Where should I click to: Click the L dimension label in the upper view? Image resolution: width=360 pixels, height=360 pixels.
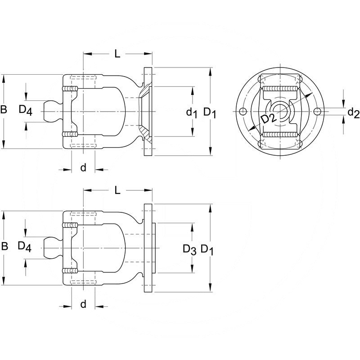[117, 54]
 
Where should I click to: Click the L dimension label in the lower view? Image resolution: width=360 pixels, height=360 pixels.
[117, 190]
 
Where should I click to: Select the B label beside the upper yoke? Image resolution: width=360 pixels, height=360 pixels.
[4, 109]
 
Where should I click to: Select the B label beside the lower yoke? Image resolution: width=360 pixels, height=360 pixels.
[4, 246]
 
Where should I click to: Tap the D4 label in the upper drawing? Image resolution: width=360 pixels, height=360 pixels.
[26, 110]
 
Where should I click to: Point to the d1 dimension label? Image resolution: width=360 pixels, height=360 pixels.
[192, 112]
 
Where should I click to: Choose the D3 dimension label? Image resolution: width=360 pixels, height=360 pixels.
[189, 249]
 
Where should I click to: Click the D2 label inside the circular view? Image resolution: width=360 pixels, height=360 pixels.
[269, 119]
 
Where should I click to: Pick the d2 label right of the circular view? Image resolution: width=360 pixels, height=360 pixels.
[353, 112]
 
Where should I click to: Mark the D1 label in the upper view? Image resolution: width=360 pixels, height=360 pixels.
[210, 112]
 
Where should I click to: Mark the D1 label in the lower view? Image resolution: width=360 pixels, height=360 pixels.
[207, 249]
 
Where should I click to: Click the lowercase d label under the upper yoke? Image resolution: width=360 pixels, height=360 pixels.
[83, 168]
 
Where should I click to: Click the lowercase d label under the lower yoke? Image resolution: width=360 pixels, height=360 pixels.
[83, 304]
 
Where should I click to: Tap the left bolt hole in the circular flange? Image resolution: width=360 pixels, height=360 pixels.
[243, 112]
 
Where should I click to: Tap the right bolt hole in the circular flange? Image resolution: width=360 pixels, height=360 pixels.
[317, 112]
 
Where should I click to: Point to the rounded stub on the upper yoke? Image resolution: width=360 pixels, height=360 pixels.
[52, 111]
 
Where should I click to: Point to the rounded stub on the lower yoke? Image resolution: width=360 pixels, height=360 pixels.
[52, 247]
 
